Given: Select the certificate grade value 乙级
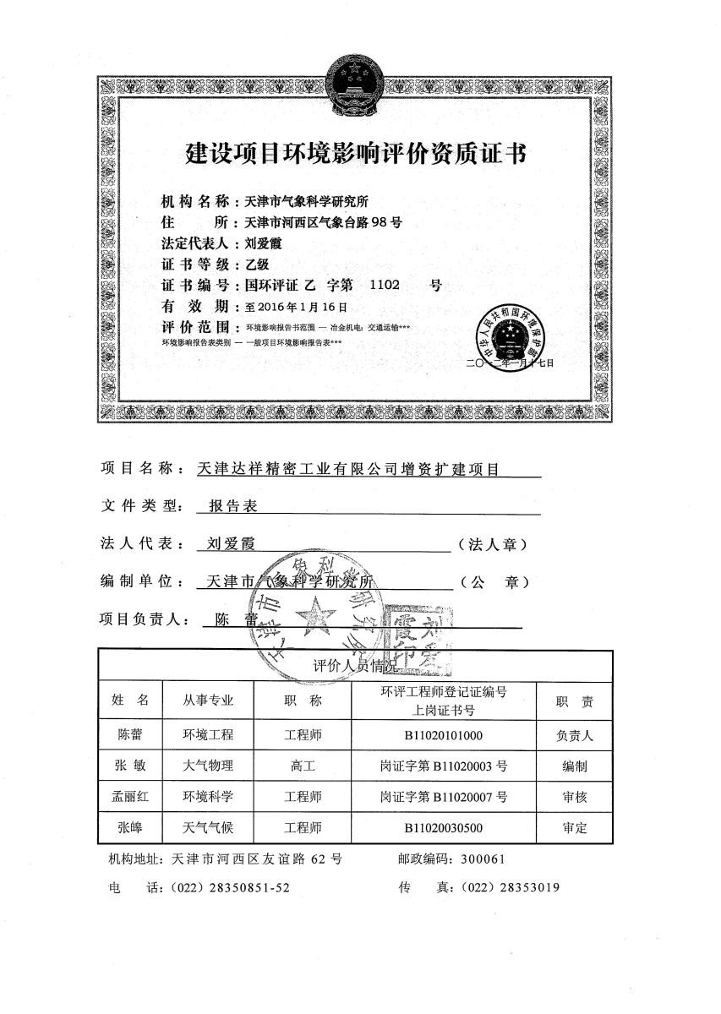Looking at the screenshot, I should click(257, 264).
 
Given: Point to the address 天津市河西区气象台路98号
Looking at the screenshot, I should click(322, 223).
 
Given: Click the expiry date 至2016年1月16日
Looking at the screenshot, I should click(296, 307).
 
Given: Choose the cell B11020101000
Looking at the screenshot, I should click(443, 736).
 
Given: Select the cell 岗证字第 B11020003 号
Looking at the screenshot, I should click(443, 766).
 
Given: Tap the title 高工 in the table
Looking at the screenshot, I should click(303, 766).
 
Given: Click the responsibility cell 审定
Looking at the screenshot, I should click(574, 827).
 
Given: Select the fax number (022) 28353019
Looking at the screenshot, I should click(506, 887).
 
